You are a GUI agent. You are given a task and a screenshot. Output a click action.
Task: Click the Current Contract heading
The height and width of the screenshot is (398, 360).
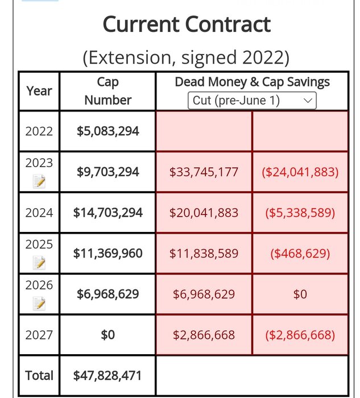point(187,24)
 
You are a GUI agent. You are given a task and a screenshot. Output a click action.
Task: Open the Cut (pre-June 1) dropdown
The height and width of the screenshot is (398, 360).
point(252,101)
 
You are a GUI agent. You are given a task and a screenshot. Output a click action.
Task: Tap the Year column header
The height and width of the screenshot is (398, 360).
point(39,91)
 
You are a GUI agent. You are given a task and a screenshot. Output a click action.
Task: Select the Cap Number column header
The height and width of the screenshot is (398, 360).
point(107,91)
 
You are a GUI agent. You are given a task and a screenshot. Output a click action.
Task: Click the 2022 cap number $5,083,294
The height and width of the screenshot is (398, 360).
point(107,131)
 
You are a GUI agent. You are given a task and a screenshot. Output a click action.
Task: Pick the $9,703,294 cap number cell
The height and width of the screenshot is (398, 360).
point(107,171)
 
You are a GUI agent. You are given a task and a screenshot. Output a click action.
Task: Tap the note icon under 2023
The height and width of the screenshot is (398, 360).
point(39,181)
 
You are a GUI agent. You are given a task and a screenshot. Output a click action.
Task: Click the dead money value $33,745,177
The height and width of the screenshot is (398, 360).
point(204,171)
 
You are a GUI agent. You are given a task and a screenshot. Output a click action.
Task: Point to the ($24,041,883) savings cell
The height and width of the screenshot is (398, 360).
point(300,171)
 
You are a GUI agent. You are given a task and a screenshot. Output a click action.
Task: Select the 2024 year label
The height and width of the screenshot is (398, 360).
point(39,213)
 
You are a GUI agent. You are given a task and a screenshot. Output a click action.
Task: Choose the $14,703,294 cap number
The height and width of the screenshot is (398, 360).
point(107,213)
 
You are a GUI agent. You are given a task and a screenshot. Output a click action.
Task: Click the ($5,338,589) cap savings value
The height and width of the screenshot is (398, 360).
point(300,213)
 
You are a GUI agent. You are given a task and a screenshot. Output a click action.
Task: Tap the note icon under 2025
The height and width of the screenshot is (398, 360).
point(39,263)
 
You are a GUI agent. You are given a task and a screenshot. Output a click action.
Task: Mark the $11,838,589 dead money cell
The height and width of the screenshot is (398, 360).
point(204,253)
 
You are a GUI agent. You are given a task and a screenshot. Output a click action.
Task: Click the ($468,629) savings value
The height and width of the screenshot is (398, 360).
point(300,253)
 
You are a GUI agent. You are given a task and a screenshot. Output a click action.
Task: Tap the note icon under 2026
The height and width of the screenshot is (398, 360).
point(39,304)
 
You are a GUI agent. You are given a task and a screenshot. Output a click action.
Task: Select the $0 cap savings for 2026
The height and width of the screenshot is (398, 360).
point(300,294)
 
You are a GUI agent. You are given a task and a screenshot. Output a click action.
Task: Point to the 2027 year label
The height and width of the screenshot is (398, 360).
point(39,335)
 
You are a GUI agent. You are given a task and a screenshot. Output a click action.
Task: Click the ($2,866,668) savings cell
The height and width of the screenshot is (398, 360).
point(300,335)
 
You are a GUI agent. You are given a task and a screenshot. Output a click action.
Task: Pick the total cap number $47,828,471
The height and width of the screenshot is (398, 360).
point(107,375)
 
